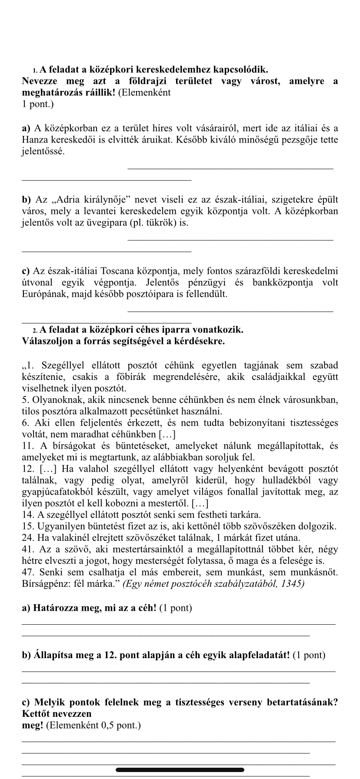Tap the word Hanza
[x=35, y=140]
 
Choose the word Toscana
[x=129, y=271]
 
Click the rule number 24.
[x=27, y=538]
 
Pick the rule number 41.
[x=27, y=549]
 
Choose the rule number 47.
[x=27, y=573]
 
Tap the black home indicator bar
[x=180, y=770]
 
